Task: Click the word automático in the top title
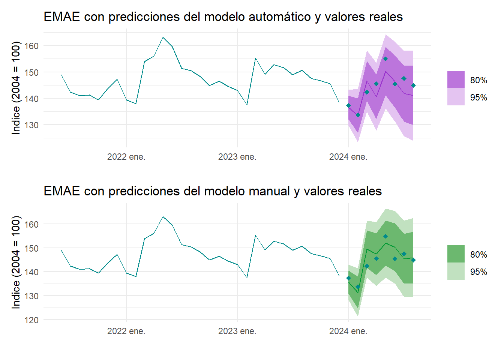pos(280,16)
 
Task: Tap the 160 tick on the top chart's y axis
pos(31,46)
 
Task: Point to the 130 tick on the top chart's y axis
pos(31,125)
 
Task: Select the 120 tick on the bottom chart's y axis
pos(31,320)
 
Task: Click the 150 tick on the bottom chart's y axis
pos(31,248)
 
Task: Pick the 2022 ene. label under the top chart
pos(126,157)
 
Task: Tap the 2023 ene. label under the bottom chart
pos(237,331)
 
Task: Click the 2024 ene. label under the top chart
pos(348,157)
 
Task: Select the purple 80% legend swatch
pos(456,79)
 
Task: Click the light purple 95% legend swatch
pos(456,97)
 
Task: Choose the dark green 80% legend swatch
pos(456,254)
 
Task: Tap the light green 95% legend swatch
pos(456,271)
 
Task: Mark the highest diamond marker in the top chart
pos(385,59)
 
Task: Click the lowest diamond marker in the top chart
pos(358,115)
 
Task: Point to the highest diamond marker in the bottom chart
pos(385,236)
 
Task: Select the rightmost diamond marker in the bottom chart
pos(413,260)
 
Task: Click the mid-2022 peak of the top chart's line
pos(163,37)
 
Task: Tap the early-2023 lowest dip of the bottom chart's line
pos(247,277)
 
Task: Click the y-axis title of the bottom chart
pos(16,262)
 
